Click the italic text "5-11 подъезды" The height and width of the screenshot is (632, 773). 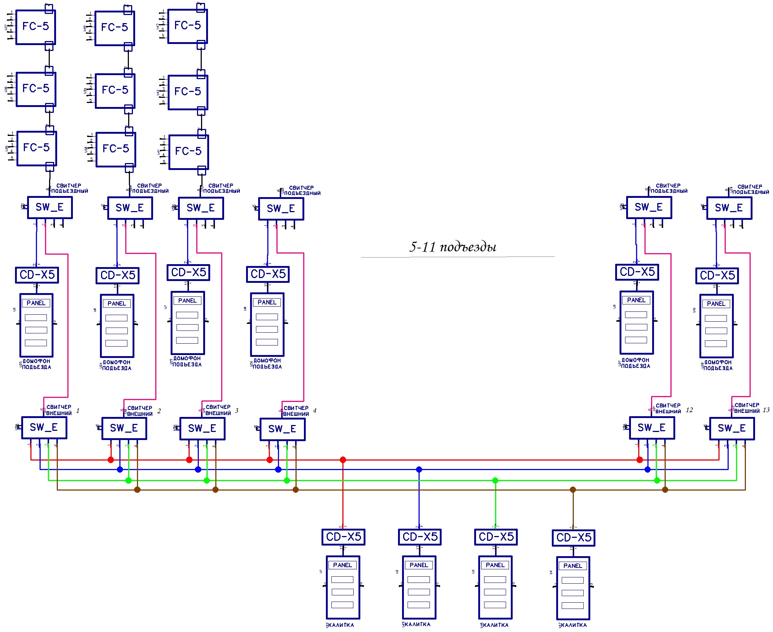click(x=453, y=247)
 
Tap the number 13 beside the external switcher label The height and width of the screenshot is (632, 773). click(x=766, y=410)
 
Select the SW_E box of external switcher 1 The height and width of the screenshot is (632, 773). click(x=44, y=428)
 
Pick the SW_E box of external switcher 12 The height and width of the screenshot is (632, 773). click(x=652, y=428)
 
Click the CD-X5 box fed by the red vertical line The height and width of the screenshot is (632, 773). click(x=343, y=537)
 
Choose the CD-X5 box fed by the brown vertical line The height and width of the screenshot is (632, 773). click(x=573, y=538)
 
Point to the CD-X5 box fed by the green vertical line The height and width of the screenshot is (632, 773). click(x=496, y=537)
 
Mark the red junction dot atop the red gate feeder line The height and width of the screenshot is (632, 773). click(x=343, y=460)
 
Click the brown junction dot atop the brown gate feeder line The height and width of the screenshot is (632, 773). click(x=573, y=489)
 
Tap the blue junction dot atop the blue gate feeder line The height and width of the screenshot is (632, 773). click(x=419, y=469)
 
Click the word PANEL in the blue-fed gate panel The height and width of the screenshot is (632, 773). click(x=419, y=565)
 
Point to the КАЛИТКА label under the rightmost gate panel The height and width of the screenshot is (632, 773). click(x=574, y=625)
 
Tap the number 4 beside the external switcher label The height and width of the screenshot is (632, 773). click(x=315, y=411)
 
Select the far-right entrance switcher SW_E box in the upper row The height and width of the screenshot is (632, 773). click(x=729, y=208)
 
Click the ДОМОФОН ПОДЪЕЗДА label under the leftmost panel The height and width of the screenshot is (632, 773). click(x=36, y=364)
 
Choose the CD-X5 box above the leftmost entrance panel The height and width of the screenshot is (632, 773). click(x=37, y=275)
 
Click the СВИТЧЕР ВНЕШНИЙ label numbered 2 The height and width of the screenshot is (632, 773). click(x=140, y=411)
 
